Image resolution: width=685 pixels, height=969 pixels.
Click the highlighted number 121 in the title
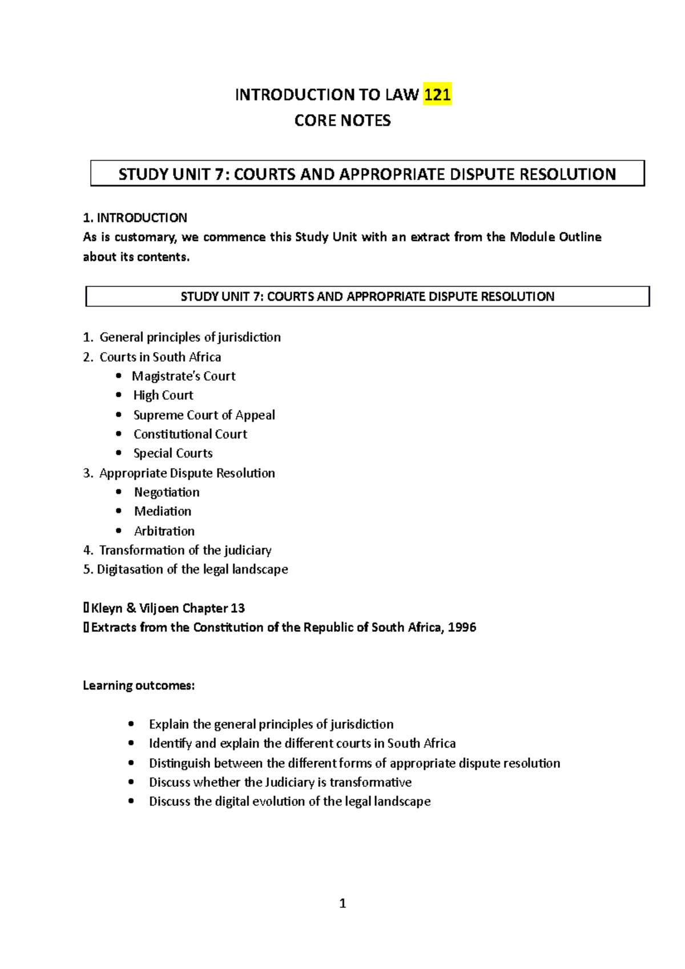click(x=437, y=95)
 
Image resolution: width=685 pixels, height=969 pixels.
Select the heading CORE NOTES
click(x=342, y=120)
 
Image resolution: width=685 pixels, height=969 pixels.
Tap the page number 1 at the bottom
click(x=342, y=903)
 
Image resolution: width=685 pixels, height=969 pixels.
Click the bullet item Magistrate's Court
click(x=183, y=376)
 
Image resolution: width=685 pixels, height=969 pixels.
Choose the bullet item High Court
click(x=163, y=395)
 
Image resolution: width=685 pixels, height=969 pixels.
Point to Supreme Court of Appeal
click(x=204, y=415)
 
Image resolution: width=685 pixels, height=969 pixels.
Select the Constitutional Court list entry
click(x=190, y=434)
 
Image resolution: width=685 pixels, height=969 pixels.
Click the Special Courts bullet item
click(x=173, y=453)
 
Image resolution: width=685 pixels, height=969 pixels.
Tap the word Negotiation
click(x=167, y=492)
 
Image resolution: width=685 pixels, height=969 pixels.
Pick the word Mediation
click(x=163, y=511)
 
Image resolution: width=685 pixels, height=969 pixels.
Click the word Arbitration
click(x=164, y=531)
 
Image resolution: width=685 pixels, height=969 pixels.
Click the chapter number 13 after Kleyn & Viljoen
click(x=237, y=608)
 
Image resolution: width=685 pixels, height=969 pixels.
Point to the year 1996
click(x=462, y=628)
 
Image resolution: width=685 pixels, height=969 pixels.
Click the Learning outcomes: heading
click(x=139, y=685)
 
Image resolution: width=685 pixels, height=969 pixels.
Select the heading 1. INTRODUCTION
click(x=135, y=217)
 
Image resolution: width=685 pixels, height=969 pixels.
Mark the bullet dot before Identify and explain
click(x=132, y=743)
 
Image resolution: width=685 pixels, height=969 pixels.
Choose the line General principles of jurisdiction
click(x=190, y=337)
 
